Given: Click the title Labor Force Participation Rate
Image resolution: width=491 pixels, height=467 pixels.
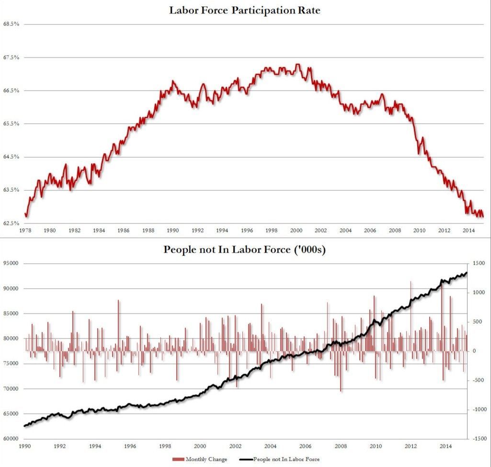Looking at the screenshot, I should click(x=245, y=10).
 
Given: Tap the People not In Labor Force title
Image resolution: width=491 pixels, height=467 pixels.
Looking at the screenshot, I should click(x=245, y=250).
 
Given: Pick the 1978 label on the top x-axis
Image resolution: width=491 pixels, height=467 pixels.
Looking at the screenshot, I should click(x=25, y=231).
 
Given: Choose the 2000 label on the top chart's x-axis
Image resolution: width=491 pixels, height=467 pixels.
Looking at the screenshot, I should click(x=296, y=231).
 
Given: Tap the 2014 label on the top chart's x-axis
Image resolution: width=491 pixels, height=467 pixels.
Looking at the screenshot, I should click(x=468, y=231).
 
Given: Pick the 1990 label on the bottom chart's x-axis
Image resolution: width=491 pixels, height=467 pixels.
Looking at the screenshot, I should click(x=25, y=446).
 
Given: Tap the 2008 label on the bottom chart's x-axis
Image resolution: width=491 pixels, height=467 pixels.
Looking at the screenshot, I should click(x=341, y=446).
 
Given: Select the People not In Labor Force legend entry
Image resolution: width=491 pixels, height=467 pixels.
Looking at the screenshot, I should click(x=285, y=459).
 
